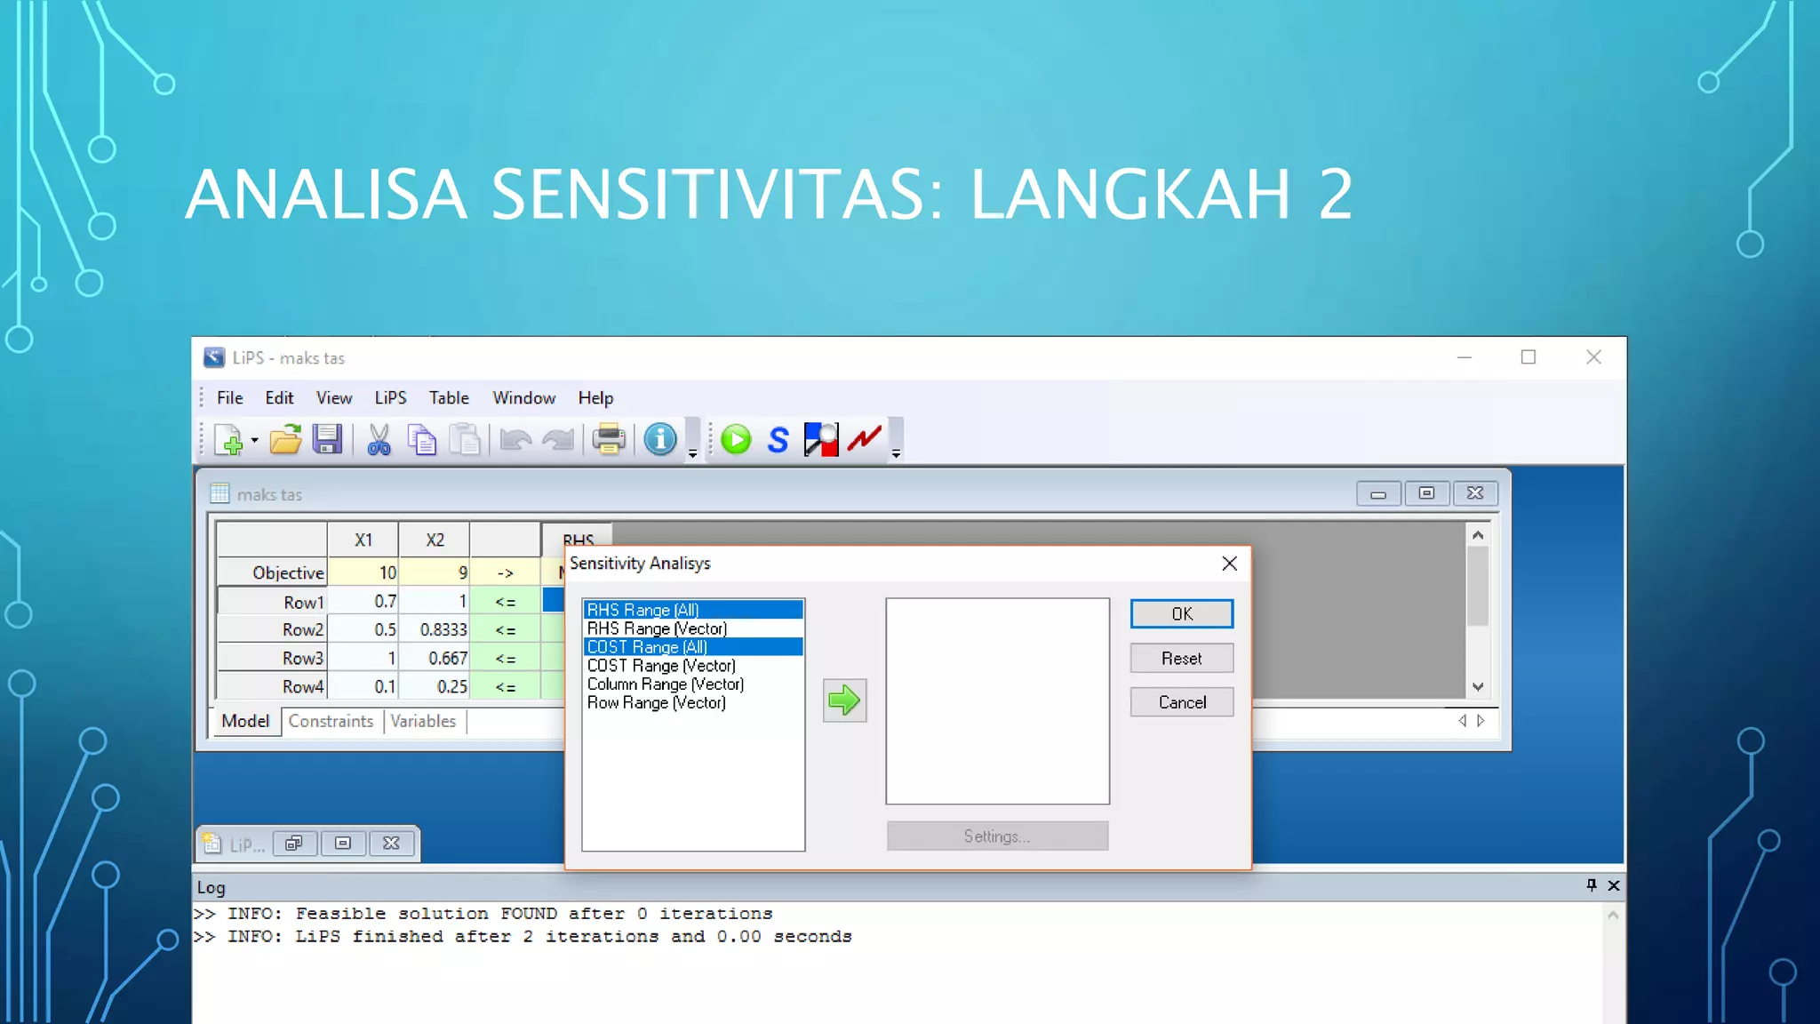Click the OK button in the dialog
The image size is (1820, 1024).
[1181, 614]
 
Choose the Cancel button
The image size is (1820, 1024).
[1181, 702]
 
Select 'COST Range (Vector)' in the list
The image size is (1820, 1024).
[661, 666]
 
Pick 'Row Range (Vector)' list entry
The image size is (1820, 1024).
[657, 703]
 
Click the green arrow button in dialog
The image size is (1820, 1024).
[844, 701]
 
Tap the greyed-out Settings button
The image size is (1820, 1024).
[997, 836]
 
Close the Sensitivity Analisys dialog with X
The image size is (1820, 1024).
[1229, 564]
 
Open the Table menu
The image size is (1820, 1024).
[449, 398]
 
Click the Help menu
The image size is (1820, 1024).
[595, 398]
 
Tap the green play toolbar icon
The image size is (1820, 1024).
[736, 440]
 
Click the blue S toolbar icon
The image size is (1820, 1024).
[778, 440]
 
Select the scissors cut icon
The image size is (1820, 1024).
[379, 440]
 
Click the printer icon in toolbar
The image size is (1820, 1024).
[609, 440]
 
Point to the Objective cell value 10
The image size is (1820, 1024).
[363, 573]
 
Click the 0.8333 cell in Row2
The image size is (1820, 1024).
[435, 630]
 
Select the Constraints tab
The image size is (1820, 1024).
[331, 722]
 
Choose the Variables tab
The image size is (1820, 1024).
[423, 722]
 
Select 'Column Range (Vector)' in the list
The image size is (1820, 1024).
[666, 684]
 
